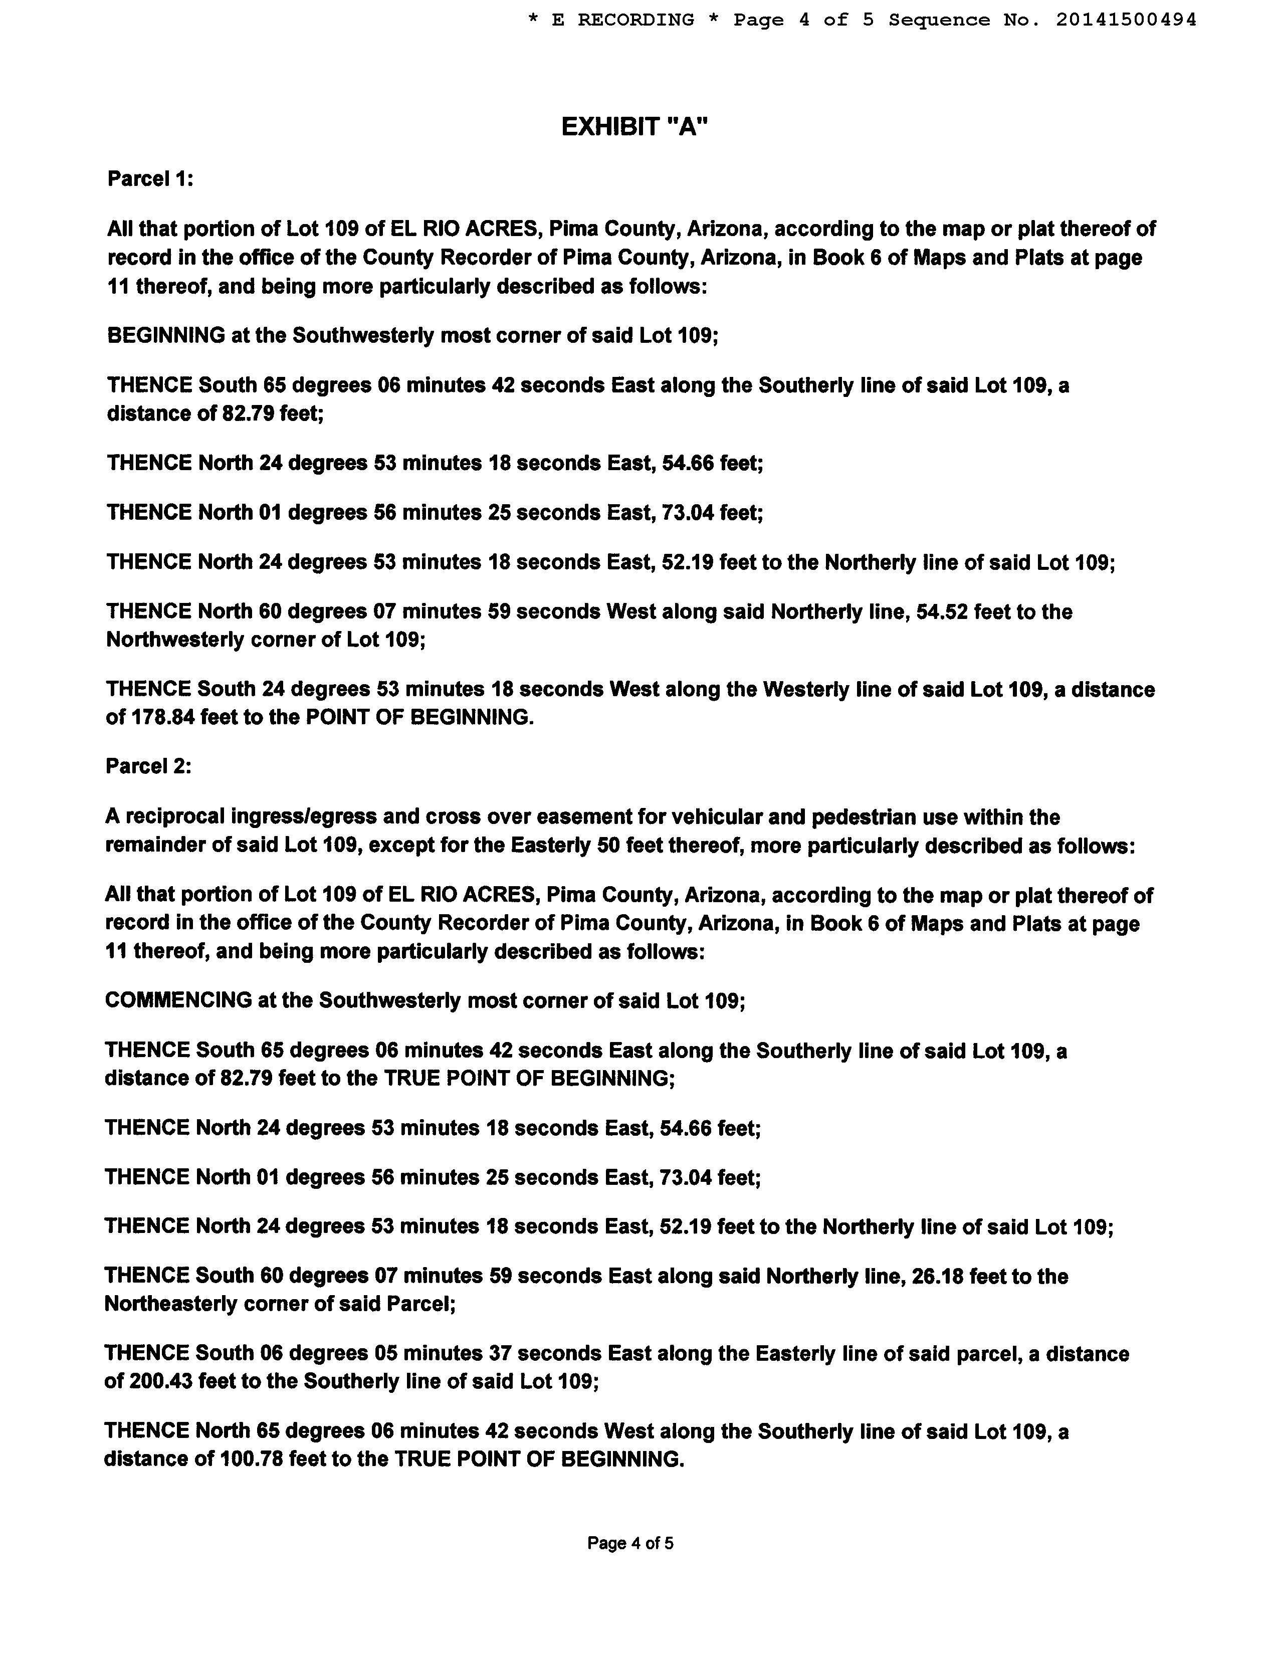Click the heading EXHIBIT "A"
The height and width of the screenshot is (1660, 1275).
point(633,127)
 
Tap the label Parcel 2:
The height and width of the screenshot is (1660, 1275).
point(149,767)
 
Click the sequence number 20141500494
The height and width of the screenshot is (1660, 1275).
point(1126,20)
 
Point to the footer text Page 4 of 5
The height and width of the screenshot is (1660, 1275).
point(630,1543)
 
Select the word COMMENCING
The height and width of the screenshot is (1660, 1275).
point(178,1000)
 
